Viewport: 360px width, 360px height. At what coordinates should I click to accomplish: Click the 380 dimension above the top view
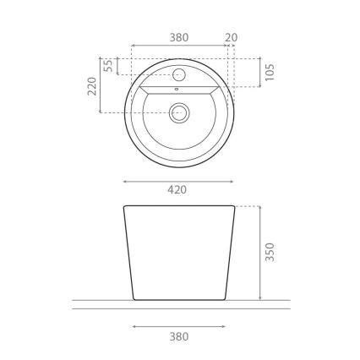point(178,37)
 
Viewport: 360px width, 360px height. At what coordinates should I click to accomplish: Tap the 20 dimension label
point(232,37)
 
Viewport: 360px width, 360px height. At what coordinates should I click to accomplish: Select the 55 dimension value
point(107,66)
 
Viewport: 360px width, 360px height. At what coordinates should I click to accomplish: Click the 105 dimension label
point(269,73)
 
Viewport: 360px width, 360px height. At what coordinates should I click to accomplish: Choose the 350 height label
point(269,252)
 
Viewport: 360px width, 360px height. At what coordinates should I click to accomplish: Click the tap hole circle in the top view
point(179,70)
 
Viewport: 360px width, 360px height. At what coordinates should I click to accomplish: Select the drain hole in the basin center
point(179,111)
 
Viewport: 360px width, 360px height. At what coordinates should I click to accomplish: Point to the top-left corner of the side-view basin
point(125,206)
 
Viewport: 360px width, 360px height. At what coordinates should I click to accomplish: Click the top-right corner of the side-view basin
point(233,206)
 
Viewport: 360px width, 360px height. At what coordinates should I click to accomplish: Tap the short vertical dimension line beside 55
point(117,66)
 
